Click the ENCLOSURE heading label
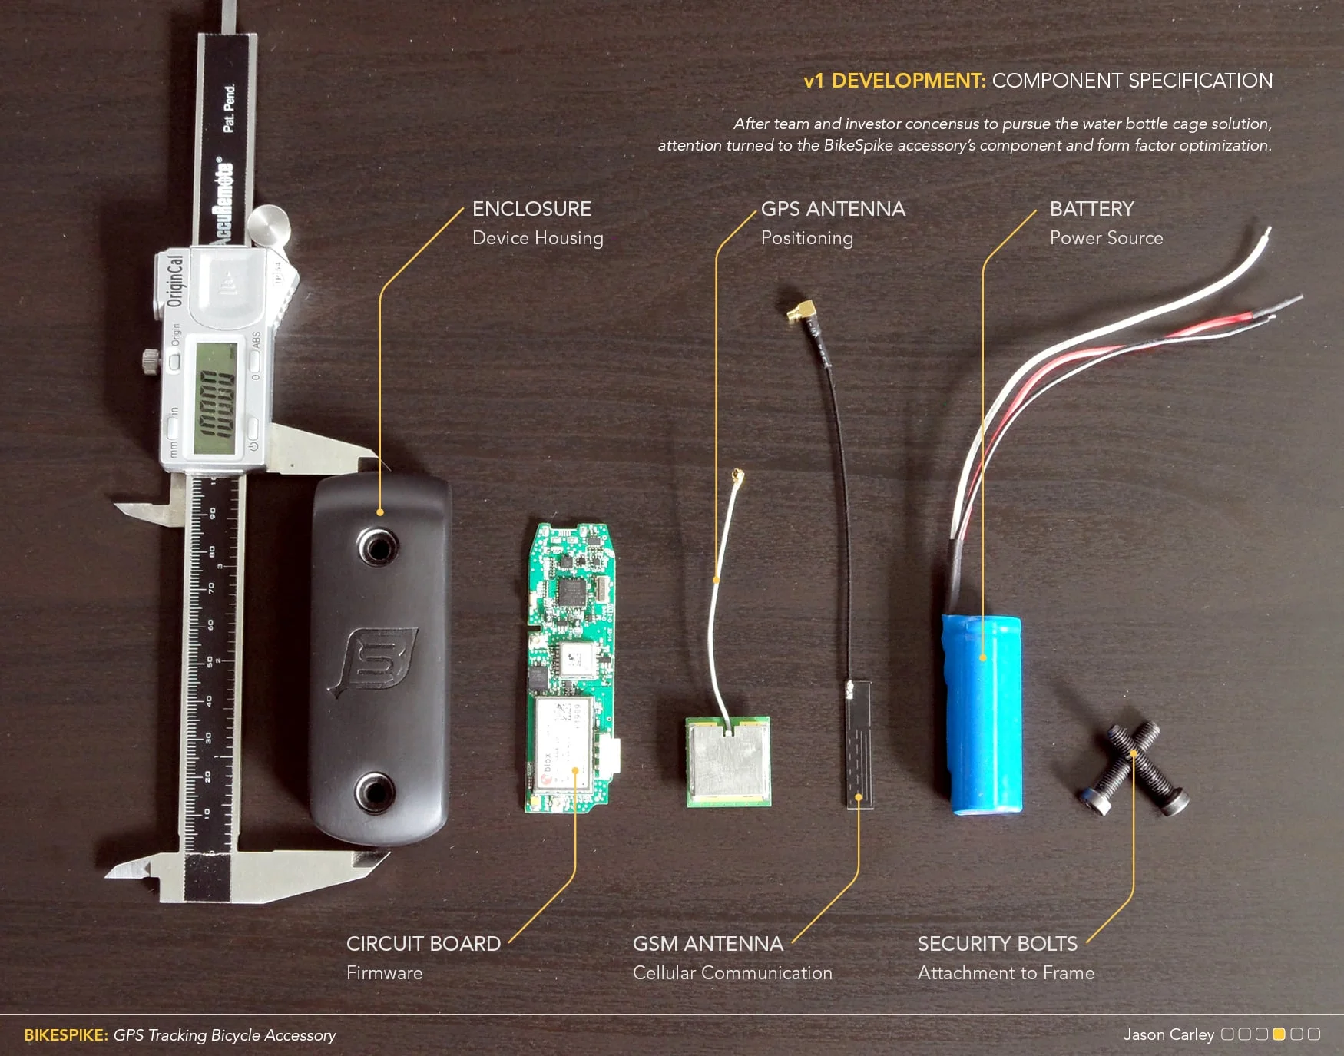pyautogui.click(x=531, y=209)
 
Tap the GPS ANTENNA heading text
pyautogui.click(x=833, y=209)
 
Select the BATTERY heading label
pyautogui.click(x=1091, y=209)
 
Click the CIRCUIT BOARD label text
pyautogui.click(x=423, y=944)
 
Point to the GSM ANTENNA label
pyautogui.click(x=707, y=944)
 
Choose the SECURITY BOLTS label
pyautogui.click(x=997, y=944)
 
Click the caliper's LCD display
pyautogui.click(x=216, y=397)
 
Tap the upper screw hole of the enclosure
pyautogui.click(x=377, y=547)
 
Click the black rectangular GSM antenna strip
pyautogui.click(x=859, y=743)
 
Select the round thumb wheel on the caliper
pyautogui.click(x=268, y=225)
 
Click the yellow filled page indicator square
pyautogui.click(x=1279, y=1034)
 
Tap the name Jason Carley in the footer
pyautogui.click(x=1168, y=1035)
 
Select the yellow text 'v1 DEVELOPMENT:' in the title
pyautogui.click(x=894, y=81)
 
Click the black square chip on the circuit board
pyautogui.click(x=571, y=591)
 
